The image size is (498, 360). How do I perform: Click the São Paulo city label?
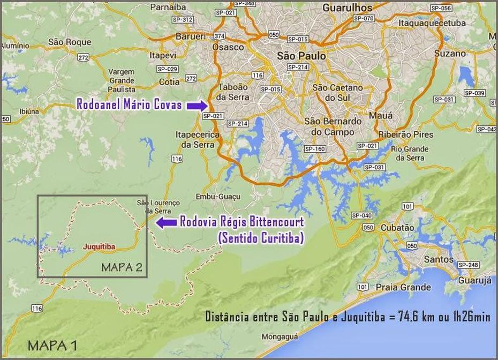301,56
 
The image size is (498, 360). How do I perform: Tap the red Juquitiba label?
100,246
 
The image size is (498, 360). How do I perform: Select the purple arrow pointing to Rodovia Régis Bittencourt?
165,223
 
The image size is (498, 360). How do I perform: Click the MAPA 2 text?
122,268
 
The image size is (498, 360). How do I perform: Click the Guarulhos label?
347,8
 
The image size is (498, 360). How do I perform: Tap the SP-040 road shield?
362,216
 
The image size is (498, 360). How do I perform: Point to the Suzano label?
450,54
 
